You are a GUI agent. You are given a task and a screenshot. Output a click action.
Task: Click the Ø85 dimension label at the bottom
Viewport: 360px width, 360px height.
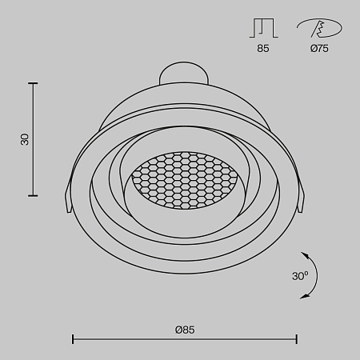click(x=184, y=329)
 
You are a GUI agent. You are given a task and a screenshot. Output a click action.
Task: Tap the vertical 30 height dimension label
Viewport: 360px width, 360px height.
click(x=25, y=139)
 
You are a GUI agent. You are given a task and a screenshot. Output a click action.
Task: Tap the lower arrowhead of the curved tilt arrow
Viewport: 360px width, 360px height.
click(x=305, y=297)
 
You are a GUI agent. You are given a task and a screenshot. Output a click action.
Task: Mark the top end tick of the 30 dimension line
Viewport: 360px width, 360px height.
click(x=34, y=82)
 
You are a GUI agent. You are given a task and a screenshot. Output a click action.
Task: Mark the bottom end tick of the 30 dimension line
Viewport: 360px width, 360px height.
click(x=34, y=195)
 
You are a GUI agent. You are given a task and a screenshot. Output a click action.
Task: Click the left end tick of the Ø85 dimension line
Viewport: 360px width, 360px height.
click(x=73, y=339)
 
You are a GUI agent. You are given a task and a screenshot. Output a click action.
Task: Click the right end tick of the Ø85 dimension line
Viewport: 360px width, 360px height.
click(x=298, y=339)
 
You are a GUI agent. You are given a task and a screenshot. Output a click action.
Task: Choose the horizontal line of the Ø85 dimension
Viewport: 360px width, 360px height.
click(x=184, y=339)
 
